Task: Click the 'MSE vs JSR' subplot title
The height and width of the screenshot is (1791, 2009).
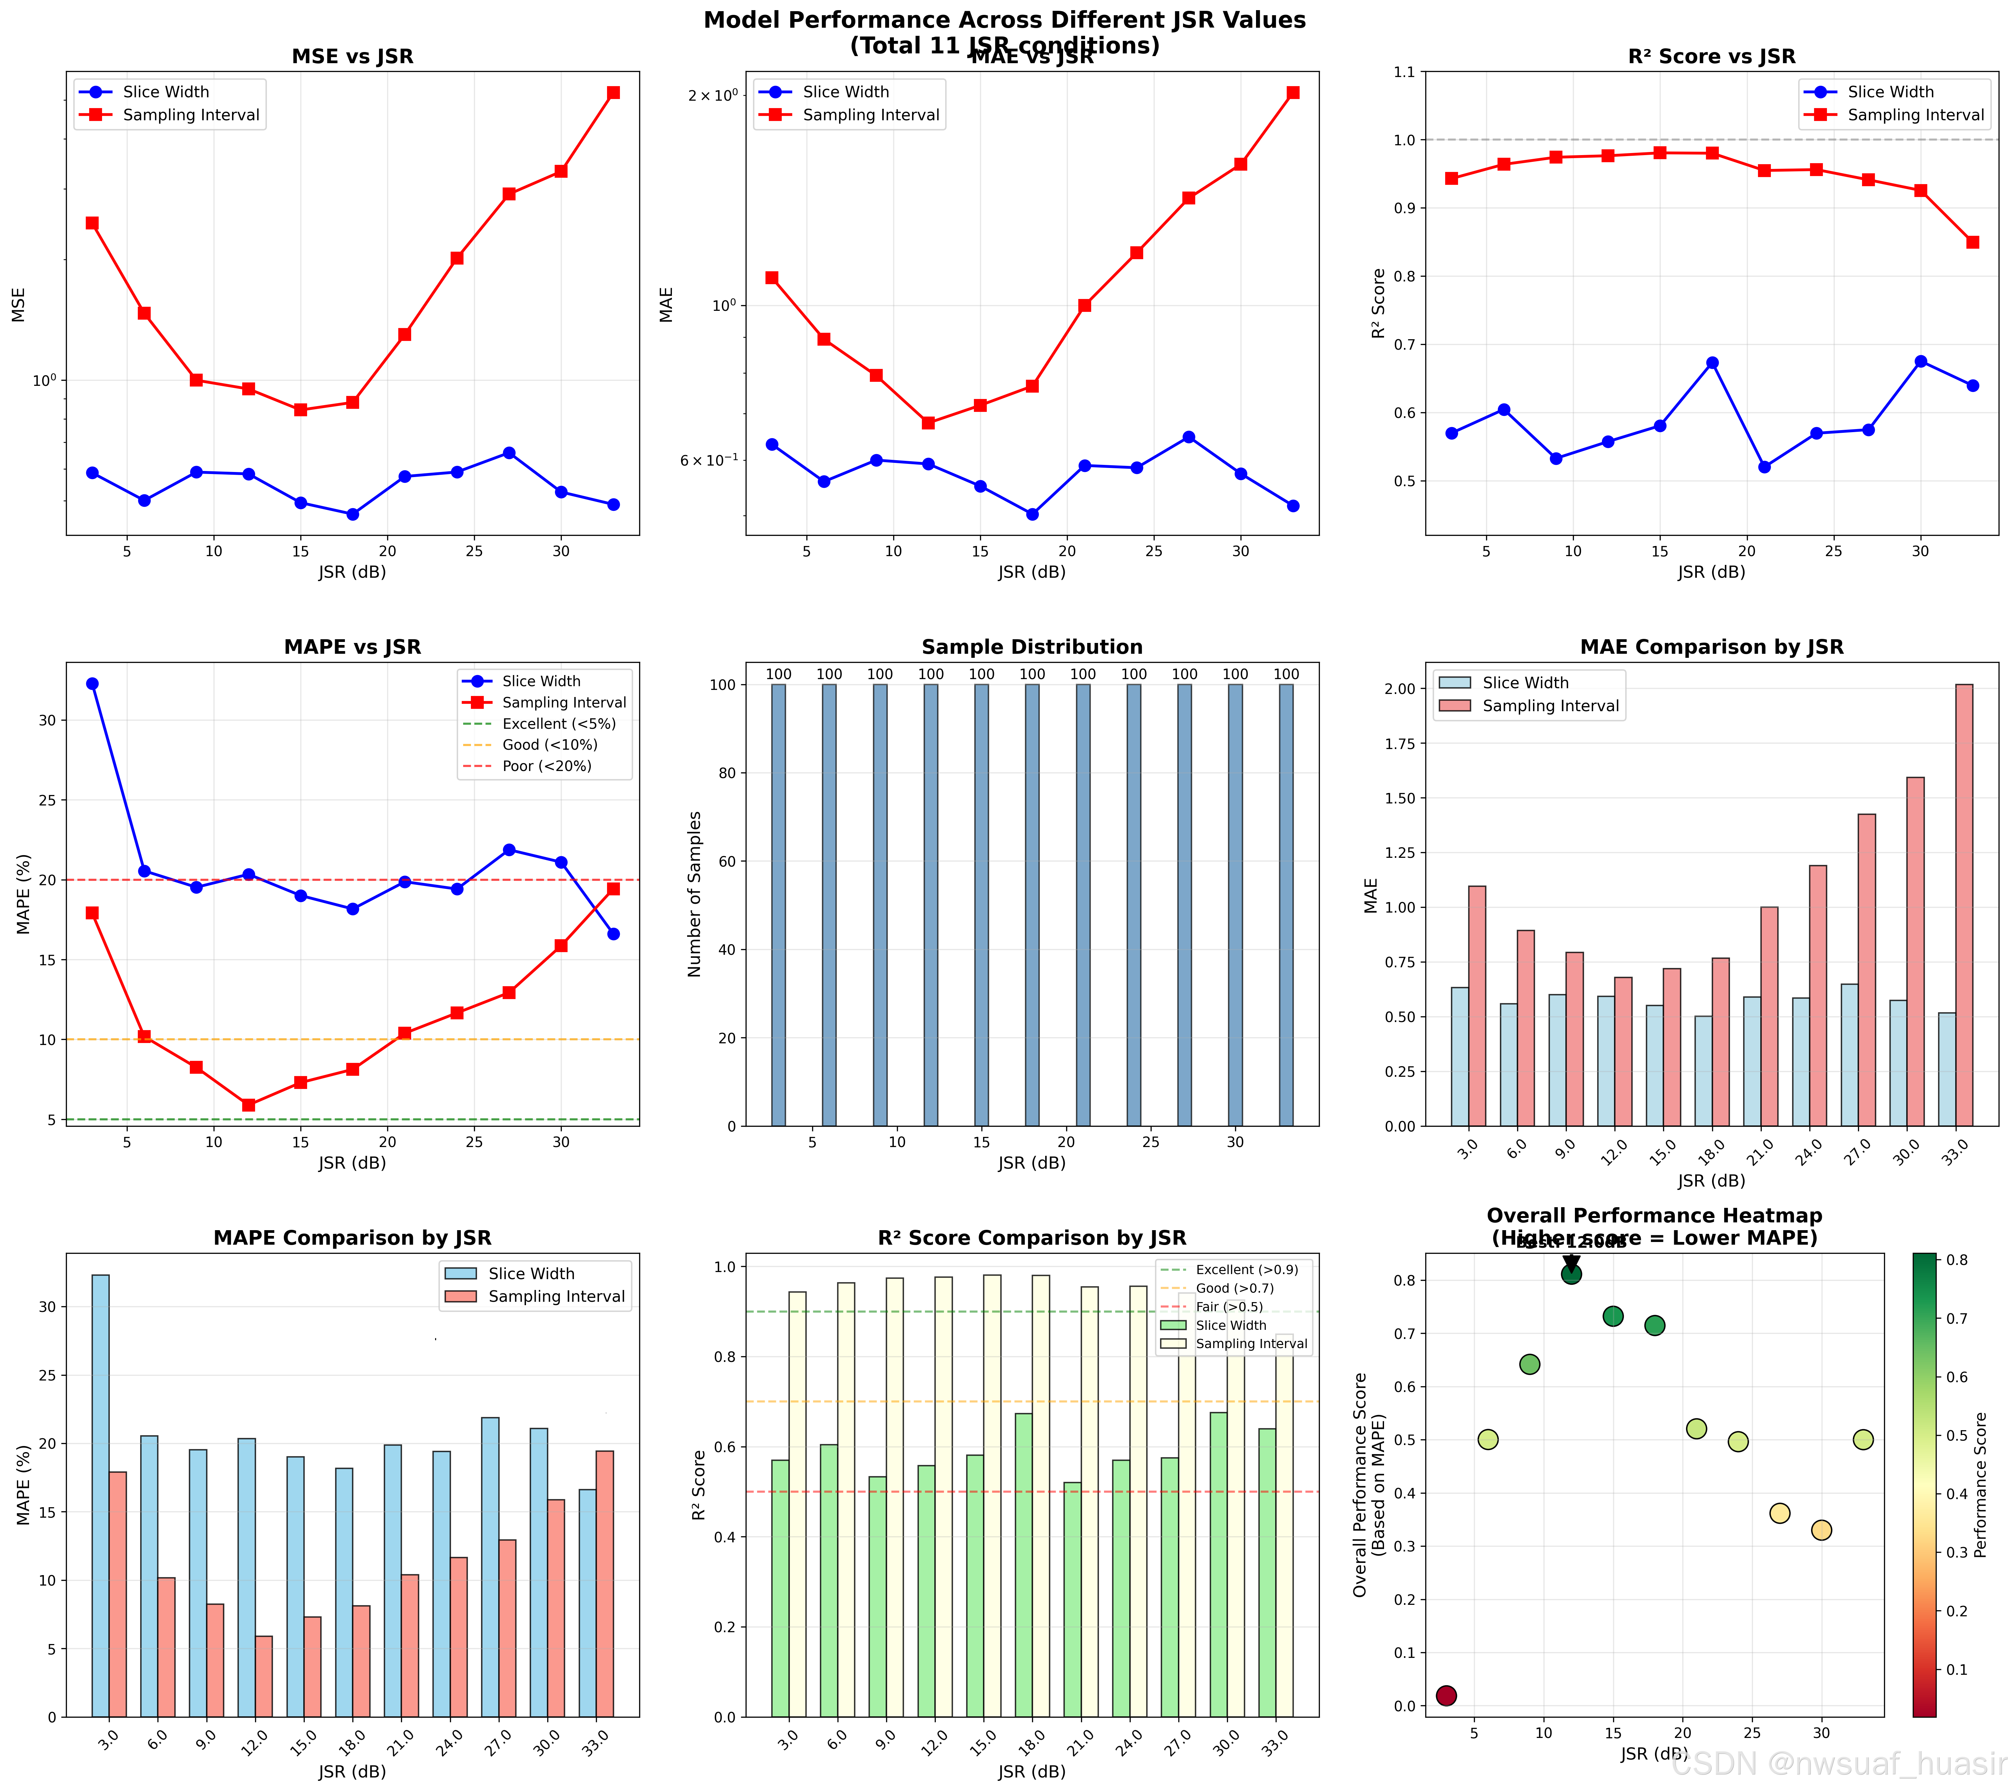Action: [352, 56]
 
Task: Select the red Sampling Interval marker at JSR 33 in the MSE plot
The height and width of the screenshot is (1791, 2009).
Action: [613, 93]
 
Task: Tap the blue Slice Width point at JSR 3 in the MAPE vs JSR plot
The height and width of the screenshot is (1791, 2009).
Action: [93, 684]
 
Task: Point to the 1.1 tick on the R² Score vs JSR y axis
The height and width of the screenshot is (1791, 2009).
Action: [1404, 72]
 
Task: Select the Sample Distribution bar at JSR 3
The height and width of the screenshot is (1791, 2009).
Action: [778, 905]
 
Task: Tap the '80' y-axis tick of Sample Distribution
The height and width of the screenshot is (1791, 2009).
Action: [728, 773]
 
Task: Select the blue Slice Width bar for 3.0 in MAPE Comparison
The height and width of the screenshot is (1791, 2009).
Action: [100, 1496]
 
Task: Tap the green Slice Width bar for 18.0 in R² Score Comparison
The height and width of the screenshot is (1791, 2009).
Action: [1023, 1565]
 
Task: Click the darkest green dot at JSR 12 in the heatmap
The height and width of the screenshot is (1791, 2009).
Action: [1571, 1274]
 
